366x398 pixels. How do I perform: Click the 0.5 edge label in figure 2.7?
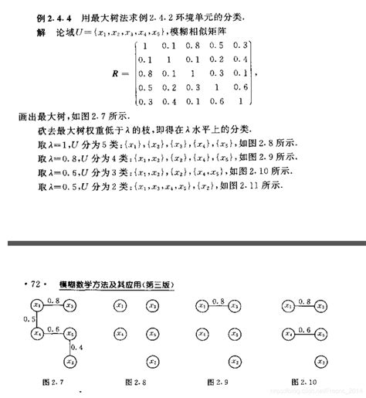point(28,318)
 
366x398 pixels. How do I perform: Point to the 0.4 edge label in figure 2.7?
point(76,348)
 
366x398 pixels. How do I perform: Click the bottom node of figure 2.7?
point(69,361)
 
